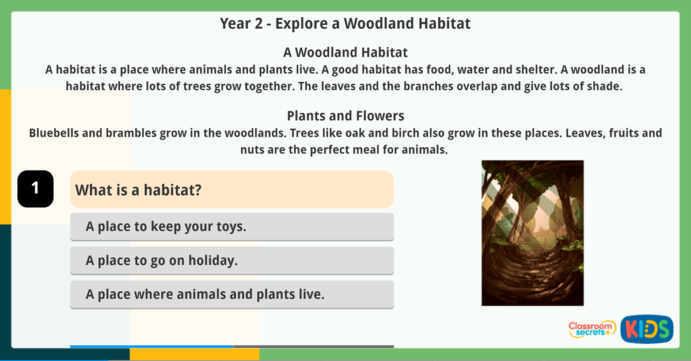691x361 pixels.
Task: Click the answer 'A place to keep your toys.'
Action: tap(231, 227)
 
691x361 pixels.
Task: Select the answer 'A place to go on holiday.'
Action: tap(231, 260)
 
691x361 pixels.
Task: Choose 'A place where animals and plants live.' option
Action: tap(231, 294)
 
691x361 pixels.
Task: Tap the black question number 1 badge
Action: tap(35, 188)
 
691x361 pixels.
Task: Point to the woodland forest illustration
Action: tap(532, 233)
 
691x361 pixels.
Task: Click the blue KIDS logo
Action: tap(646, 329)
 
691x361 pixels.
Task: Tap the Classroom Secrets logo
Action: tap(591, 329)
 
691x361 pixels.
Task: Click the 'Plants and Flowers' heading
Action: tap(345, 115)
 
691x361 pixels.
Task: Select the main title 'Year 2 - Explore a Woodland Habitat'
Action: tap(345, 24)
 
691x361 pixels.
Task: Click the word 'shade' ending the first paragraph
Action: tap(606, 86)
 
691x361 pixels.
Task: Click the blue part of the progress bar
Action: tap(151, 347)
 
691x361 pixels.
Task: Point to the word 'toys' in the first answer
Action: tap(230, 227)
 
